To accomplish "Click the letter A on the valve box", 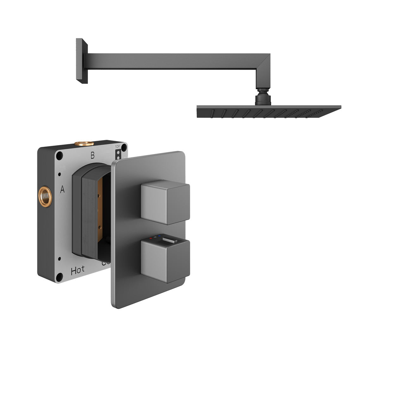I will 62,190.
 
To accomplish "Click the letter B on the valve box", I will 92,155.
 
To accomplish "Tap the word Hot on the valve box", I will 78,270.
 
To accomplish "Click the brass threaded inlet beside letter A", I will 45,196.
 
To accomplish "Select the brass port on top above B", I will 84,144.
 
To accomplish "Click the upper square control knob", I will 165,202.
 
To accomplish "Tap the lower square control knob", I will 165,260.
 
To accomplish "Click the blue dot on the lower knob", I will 160,236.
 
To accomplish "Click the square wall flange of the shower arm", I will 81,61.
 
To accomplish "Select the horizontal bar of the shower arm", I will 174,61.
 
